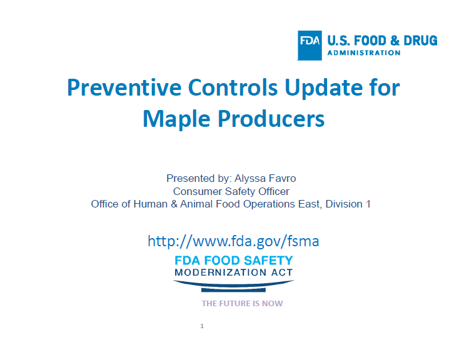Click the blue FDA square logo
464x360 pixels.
click(x=310, y=46)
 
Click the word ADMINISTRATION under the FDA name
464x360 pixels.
click(x=364, y=53)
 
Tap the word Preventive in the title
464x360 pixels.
click(x=124, y=87)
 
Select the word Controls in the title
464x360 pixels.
click(x=233, y=87)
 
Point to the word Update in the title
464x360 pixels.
click(x=324, y=88)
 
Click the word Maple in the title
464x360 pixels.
click(x=176, y=119)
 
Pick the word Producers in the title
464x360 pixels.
click(x=271, y=119)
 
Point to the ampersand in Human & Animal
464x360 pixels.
click(x=174, y=204)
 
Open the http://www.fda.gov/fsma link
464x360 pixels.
click(x=233, y=241)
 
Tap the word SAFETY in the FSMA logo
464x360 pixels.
click(x=268, y=261)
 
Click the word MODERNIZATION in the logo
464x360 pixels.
click(x=220, y=272)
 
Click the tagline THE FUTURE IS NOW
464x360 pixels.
click(x=243, y=304)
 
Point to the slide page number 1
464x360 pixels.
click(x=202, y=326)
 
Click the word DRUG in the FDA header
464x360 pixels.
click(x=420, y=41)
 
